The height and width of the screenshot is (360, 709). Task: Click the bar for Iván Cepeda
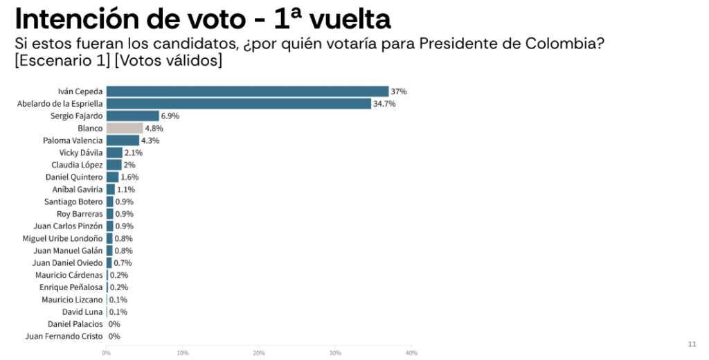(247, 91)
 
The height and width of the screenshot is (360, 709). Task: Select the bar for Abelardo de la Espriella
(239, 104)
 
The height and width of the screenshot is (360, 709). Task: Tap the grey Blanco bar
(125, 128)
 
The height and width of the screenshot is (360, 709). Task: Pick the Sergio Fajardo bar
(132, 116)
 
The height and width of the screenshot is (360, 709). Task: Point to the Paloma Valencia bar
(123, 141)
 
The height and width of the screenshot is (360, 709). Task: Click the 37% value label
(399, 91)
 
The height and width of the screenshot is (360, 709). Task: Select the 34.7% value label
(384, 104)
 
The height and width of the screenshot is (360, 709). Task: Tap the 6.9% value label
(170, 116)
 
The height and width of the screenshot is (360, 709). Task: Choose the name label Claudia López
(78, 165)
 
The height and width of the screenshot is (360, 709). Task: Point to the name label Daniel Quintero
(77, 177)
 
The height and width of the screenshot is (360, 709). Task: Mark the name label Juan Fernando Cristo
(64, 336)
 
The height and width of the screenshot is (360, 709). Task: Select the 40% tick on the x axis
(411, 353)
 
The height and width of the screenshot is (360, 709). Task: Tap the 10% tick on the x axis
(183, 353)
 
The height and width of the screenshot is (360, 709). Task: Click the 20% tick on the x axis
(259, 353)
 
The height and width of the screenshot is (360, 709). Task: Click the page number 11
(692, 344)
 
